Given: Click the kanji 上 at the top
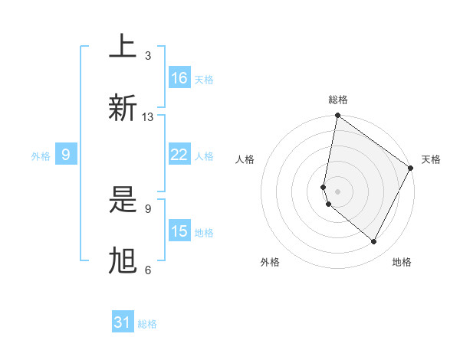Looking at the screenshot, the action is coord(123,47).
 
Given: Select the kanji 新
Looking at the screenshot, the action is coord(123,107).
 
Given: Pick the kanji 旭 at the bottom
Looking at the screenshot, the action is coord(123,260).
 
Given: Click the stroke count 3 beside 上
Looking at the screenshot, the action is coord(148,56).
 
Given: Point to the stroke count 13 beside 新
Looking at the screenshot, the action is coord(148,117).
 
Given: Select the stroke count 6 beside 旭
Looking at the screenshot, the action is coord(148,270).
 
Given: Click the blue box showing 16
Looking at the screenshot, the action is coord(179,78).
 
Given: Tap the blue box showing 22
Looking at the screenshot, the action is coord(179,155).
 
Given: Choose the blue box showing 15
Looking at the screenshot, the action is coord(179,231).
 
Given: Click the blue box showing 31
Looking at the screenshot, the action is coord(123,322).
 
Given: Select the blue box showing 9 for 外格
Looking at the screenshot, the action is coord(66,155).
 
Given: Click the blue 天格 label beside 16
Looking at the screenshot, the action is coord(204,80).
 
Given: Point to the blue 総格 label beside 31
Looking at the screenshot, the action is coord(147,324).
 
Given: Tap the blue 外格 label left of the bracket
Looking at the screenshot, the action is coord(41,156).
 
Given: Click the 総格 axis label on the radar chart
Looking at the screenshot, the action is coord(337,100).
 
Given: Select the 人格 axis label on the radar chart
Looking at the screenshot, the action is coord(245,159).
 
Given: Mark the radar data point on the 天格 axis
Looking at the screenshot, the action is coord(410,169).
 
